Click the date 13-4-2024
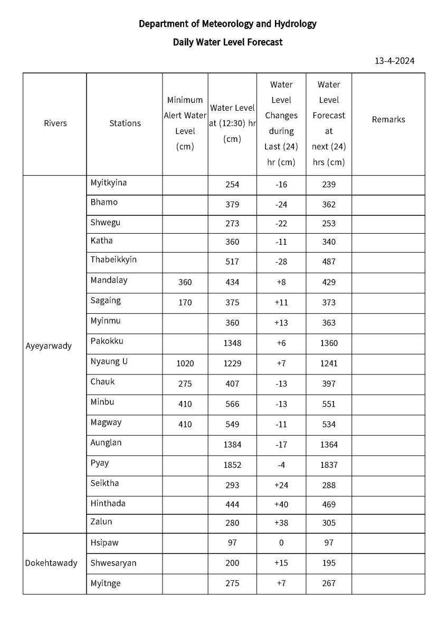click(394, 61)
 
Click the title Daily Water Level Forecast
click(227, 42)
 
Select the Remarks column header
click(388, 120)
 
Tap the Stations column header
click(125, 123)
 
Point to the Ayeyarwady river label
click(49, 347)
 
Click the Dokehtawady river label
click(51, 563)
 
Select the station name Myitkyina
click(109, 183)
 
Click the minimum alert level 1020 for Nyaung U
click(185, 363)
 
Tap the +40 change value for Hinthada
click(281, 505)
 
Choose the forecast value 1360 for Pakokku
click(329, 343)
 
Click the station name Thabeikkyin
click(113, 260)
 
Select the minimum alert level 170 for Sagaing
click(185, 303)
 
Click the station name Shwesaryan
click(113, 563)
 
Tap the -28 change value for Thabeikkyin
click(281, 262)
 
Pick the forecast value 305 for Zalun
click(329, 523)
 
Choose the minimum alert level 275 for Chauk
click(185, 384)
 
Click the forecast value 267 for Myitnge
click(329, 583)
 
